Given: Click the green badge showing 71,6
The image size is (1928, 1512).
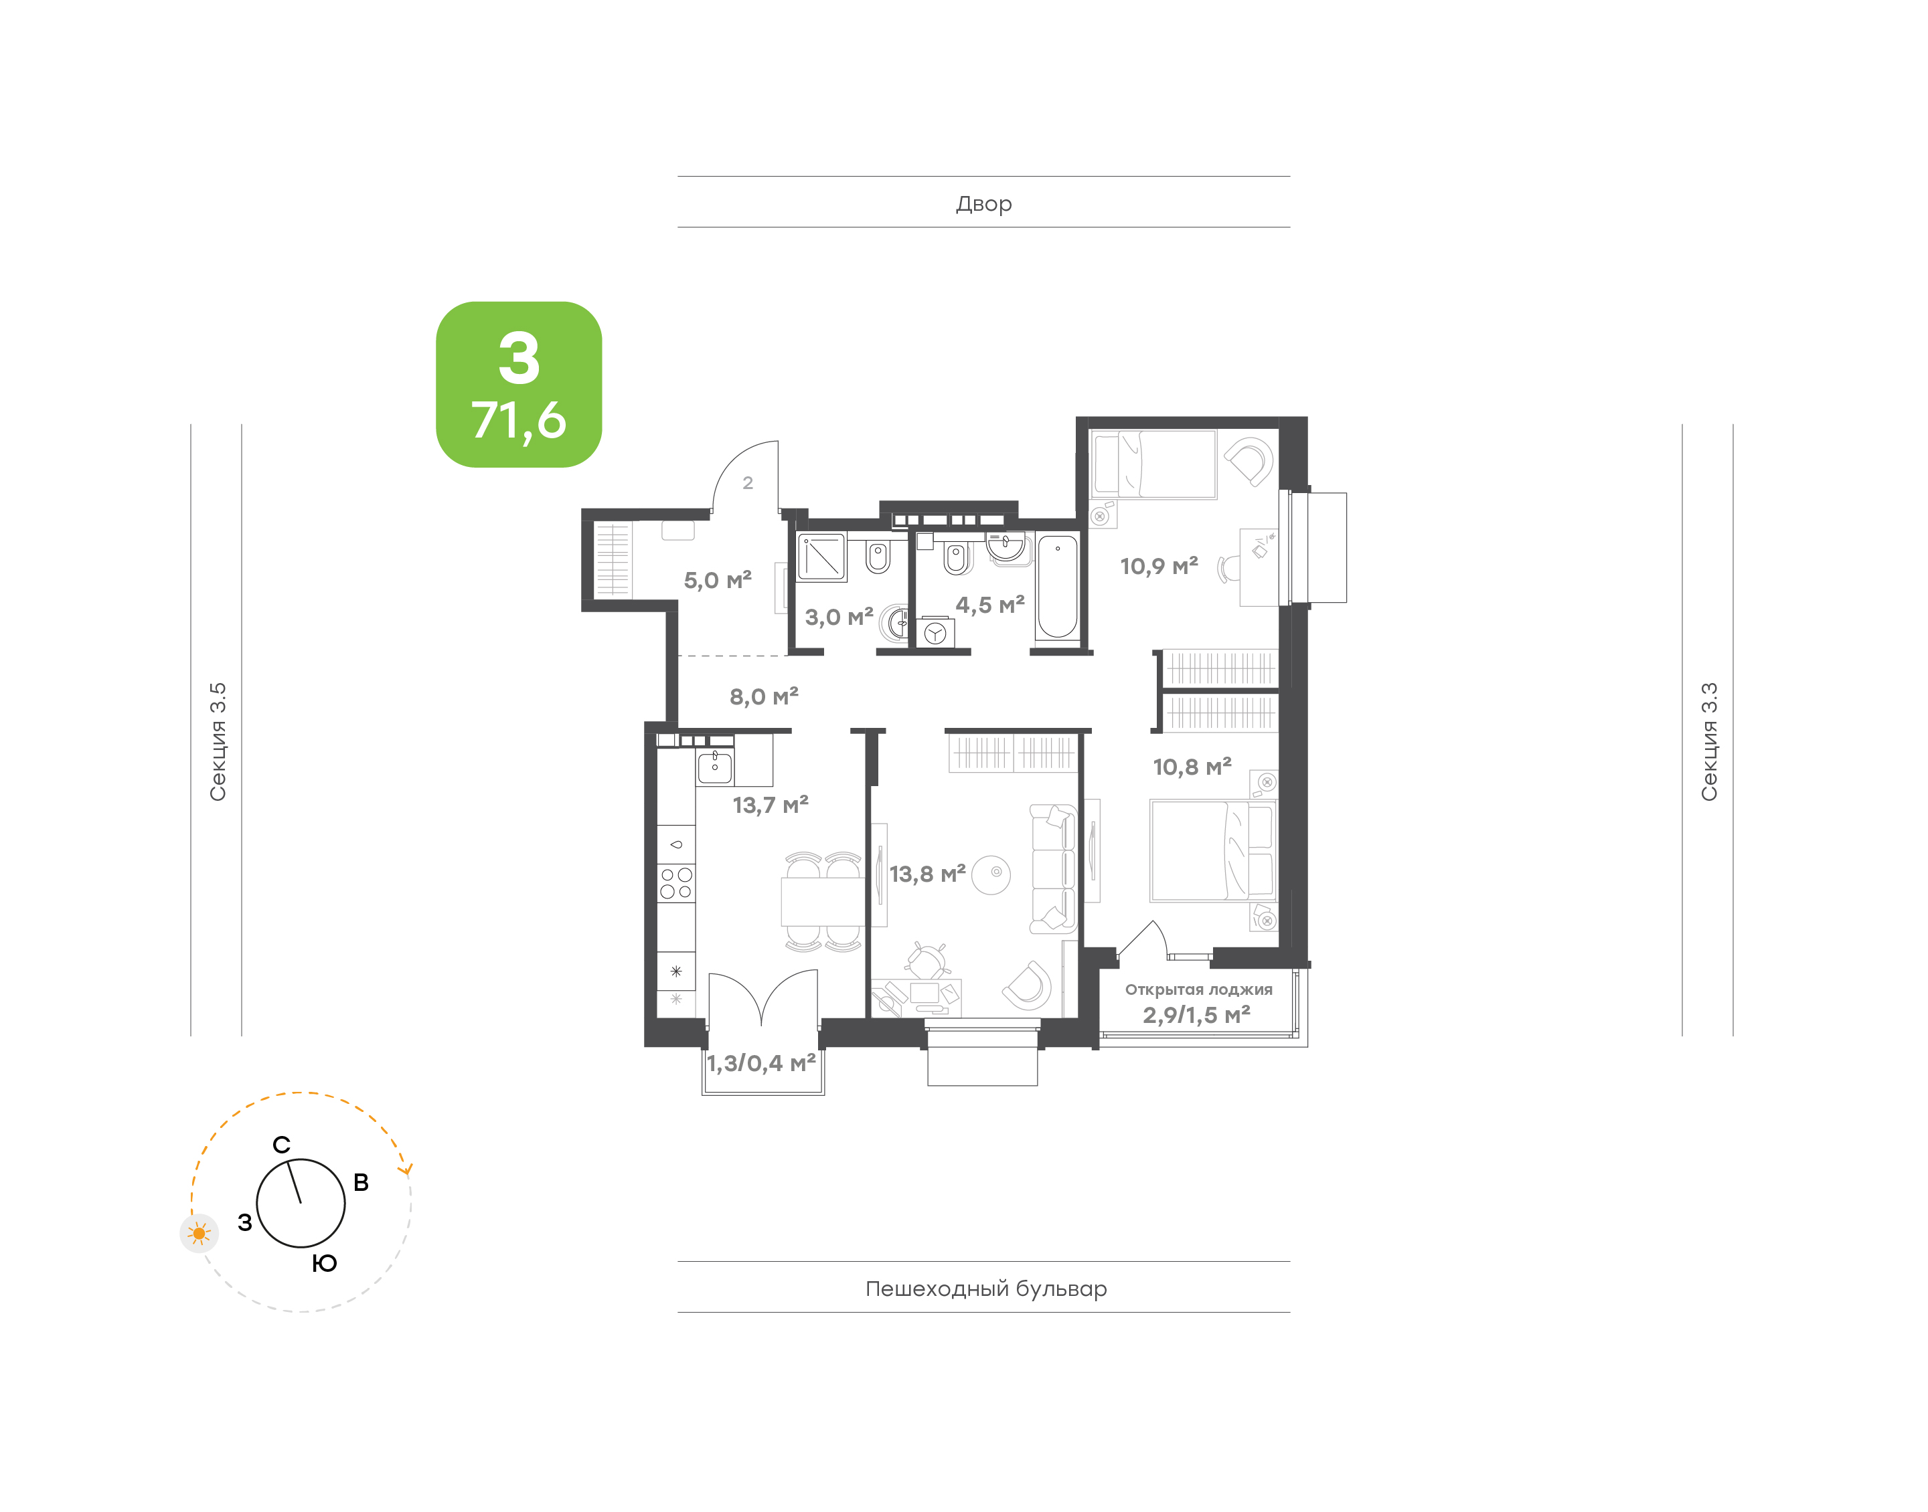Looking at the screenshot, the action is tap(518, 384).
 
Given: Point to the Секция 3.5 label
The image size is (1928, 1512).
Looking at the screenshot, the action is tap(218, 742).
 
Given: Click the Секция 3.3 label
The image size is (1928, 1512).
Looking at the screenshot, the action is tap(1708, 742).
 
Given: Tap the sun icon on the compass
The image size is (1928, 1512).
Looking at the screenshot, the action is tap(199, 1233).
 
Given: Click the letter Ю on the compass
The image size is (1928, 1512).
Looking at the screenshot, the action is tap(324, 1263).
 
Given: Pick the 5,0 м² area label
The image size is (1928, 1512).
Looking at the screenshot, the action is tap(718, 580).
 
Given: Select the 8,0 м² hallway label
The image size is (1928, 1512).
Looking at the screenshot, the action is tap(763, 696).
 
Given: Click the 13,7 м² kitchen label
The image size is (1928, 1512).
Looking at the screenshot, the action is tap(771, 805).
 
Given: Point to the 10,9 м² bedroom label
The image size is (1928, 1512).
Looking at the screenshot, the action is tap(1158, 566).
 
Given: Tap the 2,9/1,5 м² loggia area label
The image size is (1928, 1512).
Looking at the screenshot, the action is tap(1196, 1014).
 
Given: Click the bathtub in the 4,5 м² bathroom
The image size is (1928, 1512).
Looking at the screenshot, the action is tap(1058, 586).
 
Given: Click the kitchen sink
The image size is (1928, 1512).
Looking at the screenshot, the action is tap(715, 767).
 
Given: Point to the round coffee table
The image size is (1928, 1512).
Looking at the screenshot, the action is tap(991, 874).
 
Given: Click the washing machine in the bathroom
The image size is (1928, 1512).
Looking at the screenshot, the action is tap(935, 633).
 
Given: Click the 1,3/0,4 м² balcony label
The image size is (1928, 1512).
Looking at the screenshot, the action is tap(760, 1063).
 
